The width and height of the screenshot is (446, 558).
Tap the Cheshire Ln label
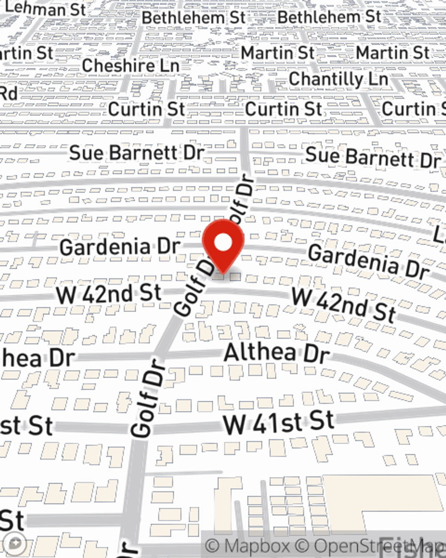(130, 66)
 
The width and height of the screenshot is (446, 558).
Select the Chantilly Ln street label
(338, 79)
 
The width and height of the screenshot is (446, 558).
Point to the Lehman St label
(45, 9)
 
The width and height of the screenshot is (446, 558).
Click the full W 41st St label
(279, 422)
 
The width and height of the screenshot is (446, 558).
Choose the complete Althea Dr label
(277, 353)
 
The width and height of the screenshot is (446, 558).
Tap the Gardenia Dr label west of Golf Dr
(120, 247)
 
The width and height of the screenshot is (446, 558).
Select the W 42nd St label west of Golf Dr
(108, 294)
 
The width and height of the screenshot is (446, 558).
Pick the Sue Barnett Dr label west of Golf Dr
(136, 153)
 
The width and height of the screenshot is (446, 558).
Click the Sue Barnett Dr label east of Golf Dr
(372, 157)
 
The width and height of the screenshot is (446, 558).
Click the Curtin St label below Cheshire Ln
(146, 109)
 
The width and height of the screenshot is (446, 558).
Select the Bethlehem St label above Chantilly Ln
(329, 17)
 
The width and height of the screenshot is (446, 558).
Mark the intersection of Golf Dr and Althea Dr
(160, 355)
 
